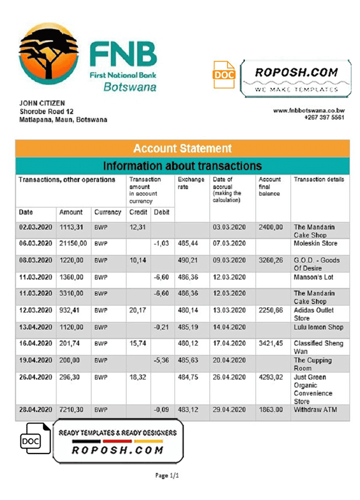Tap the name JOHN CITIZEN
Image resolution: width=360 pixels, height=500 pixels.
click(x=42, y=103)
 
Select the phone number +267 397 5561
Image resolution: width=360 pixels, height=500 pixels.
click(x=324, y=117)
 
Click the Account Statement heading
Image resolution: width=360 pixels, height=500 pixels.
click(x=182, y=148)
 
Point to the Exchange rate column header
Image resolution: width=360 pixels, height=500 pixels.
click(x=190, y=183)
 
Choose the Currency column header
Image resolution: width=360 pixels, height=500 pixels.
click(x=107, y=212)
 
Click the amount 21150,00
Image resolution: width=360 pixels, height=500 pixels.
click(x=73, y=243)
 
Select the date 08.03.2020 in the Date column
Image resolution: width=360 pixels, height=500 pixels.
click(x=35, y=260)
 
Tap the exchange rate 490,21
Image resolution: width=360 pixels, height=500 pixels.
click(x=187, y=260)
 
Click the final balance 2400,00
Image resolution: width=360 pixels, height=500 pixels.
click(x=271, y=227)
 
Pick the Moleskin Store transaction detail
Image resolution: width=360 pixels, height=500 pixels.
click(x=315, y=243)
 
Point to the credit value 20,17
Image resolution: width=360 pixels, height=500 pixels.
click(x=137, y=310)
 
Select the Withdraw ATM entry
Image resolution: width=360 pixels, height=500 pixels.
click(x=315, y=410)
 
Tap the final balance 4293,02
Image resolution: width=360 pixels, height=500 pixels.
click(x=271, y=377)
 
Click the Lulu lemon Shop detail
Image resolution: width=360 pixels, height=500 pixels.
click(x=318, y=327)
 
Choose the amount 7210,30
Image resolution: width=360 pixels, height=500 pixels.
click(x=73, y=410)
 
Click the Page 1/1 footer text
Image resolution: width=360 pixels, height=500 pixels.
click(x=167, y=475)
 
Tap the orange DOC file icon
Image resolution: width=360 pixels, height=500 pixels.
click(x=224, y=75)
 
